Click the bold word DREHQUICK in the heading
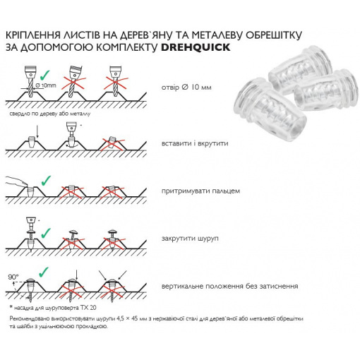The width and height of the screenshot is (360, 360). point(196,47)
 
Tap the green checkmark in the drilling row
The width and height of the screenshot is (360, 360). point(45,75)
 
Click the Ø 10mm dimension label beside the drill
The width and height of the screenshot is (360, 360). point(46,85)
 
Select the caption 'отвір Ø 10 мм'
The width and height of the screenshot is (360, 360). point(186,88)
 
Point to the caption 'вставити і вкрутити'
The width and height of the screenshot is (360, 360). point(195,143)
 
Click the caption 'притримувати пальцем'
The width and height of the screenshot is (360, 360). point(200,191)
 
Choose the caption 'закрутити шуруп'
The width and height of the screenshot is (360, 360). point(190,239)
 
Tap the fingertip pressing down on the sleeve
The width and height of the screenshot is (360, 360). point(25,182)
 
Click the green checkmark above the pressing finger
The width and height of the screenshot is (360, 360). point(46,180)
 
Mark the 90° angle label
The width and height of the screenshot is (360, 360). point(13,277)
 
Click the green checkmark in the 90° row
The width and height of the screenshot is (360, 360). point(44,272)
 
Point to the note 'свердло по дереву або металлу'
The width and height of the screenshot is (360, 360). point(50,114)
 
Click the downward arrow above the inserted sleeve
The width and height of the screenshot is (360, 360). point(37,131)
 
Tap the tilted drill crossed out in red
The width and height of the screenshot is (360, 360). point(74,79)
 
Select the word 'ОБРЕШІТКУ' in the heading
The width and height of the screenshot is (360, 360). point(274,35)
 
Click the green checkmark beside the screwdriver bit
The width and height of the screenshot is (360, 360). point(46,233)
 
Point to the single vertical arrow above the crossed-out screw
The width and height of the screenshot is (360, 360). point(76,275)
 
